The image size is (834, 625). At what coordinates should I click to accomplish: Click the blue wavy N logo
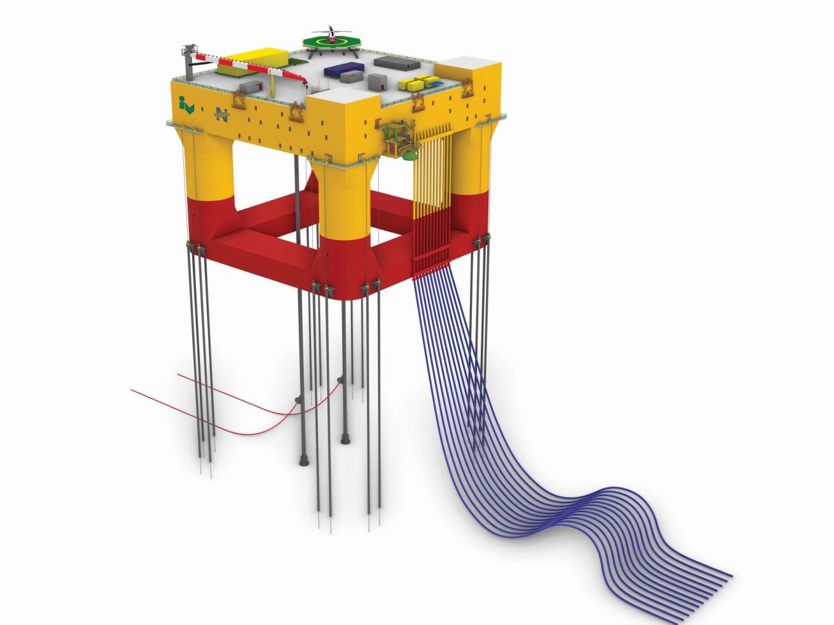click(x=221, y=115)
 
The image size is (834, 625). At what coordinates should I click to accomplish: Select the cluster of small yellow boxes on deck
click(x=418, y=82)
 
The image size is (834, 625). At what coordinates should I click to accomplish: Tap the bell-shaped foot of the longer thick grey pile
click(x=304, y=460)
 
